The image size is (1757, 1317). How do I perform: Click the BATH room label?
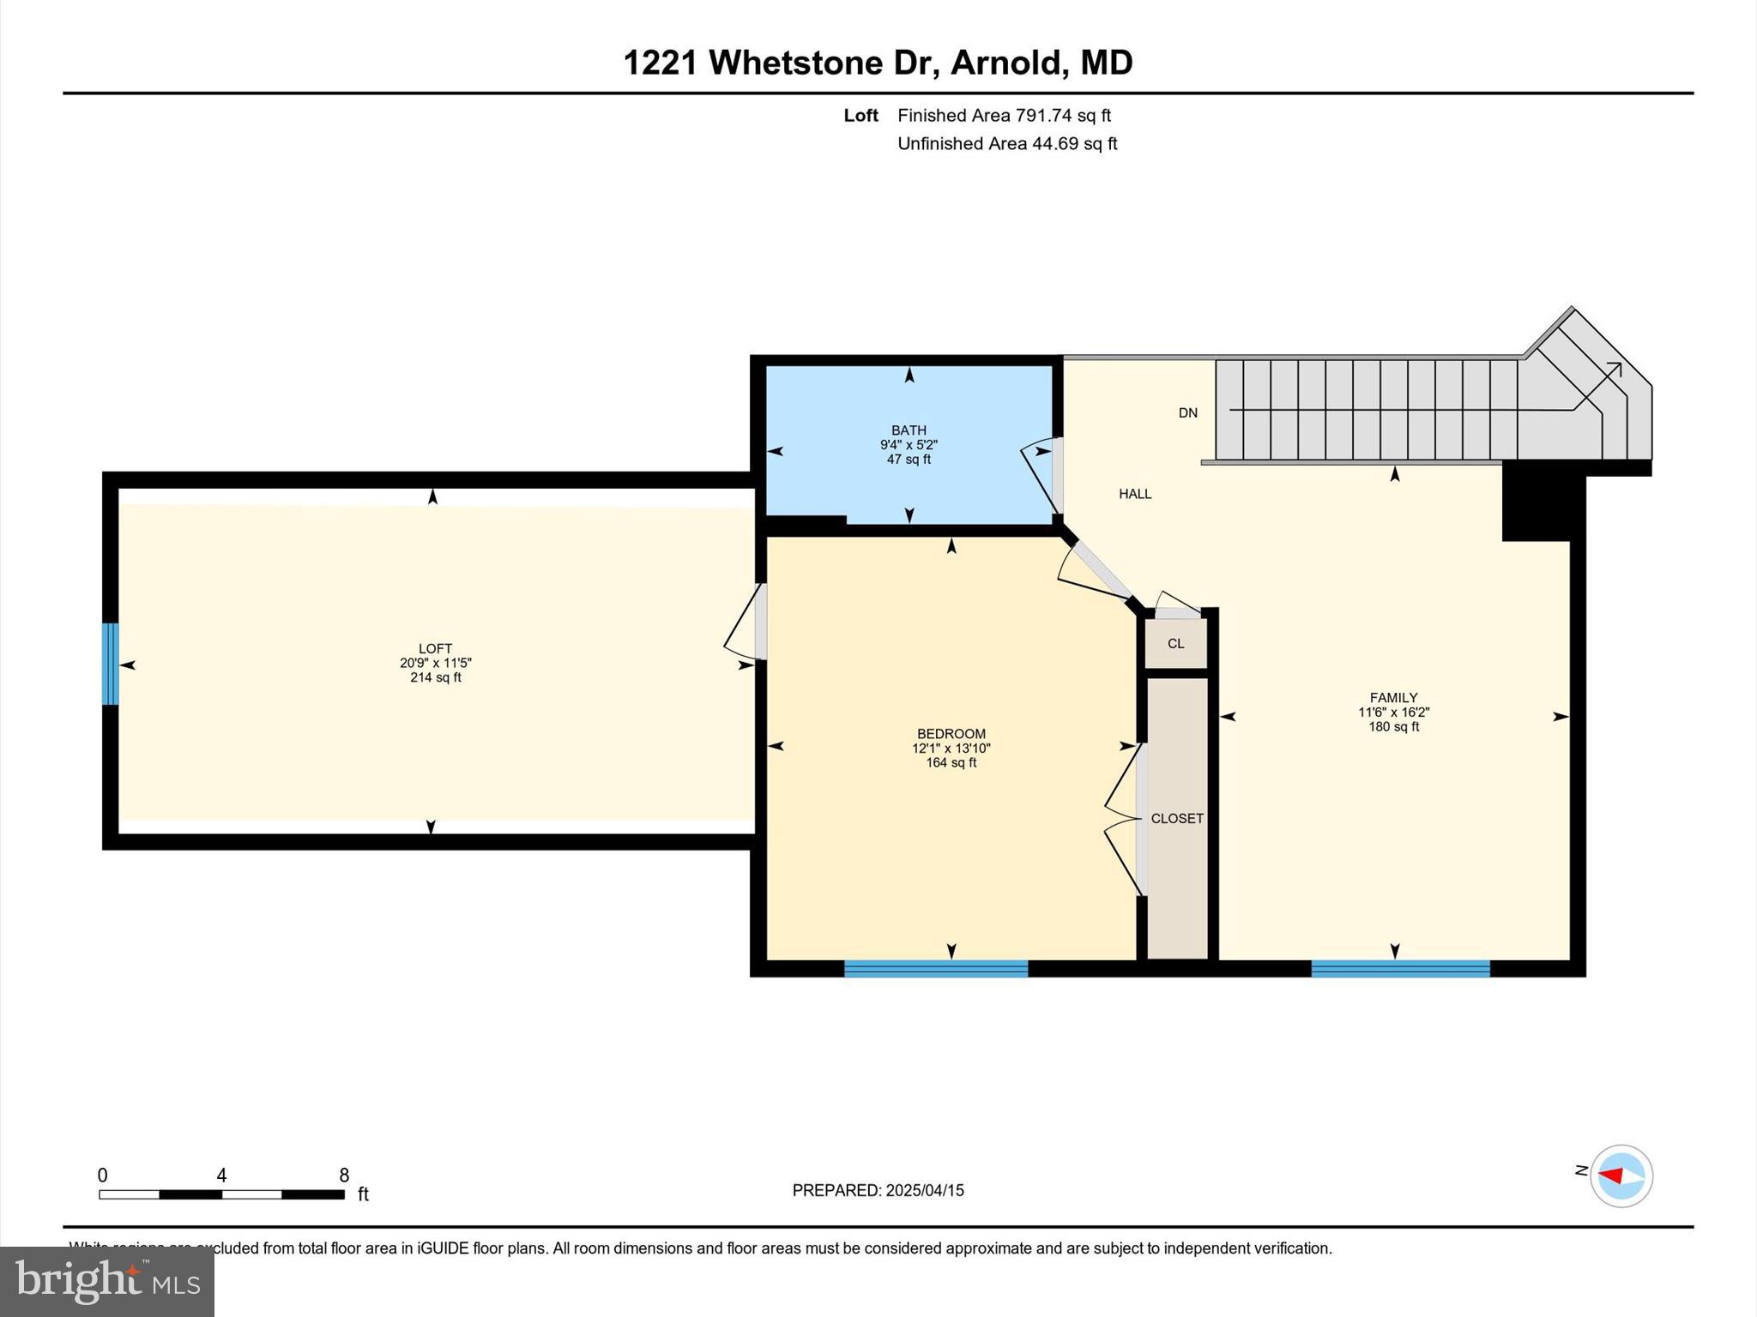point(909,430)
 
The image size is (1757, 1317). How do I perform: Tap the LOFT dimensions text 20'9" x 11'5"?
point(436,663)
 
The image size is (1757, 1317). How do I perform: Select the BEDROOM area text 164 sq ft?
point(951,762)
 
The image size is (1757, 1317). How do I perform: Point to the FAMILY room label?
point(1393,698)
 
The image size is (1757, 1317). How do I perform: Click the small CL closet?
point(1175,643)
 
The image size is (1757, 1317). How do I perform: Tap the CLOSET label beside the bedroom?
point(1177,818)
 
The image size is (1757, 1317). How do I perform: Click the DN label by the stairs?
point(1187,412)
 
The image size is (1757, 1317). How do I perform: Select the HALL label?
point(1134,494)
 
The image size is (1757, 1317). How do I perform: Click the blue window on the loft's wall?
point(111,664)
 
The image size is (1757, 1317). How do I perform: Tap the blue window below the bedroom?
point(936,969)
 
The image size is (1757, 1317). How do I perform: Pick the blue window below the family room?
point(1400,969)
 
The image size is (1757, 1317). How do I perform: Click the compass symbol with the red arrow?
point(1621,1176)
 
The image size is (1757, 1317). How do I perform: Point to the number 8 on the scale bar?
point(344,1176)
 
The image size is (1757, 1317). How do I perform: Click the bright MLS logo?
point(107,1281)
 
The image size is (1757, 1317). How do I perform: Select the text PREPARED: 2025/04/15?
point(878,1190)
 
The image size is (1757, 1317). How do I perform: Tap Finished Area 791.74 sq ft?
point(1004,115)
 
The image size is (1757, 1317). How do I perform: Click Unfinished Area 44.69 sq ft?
point(1007,143)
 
